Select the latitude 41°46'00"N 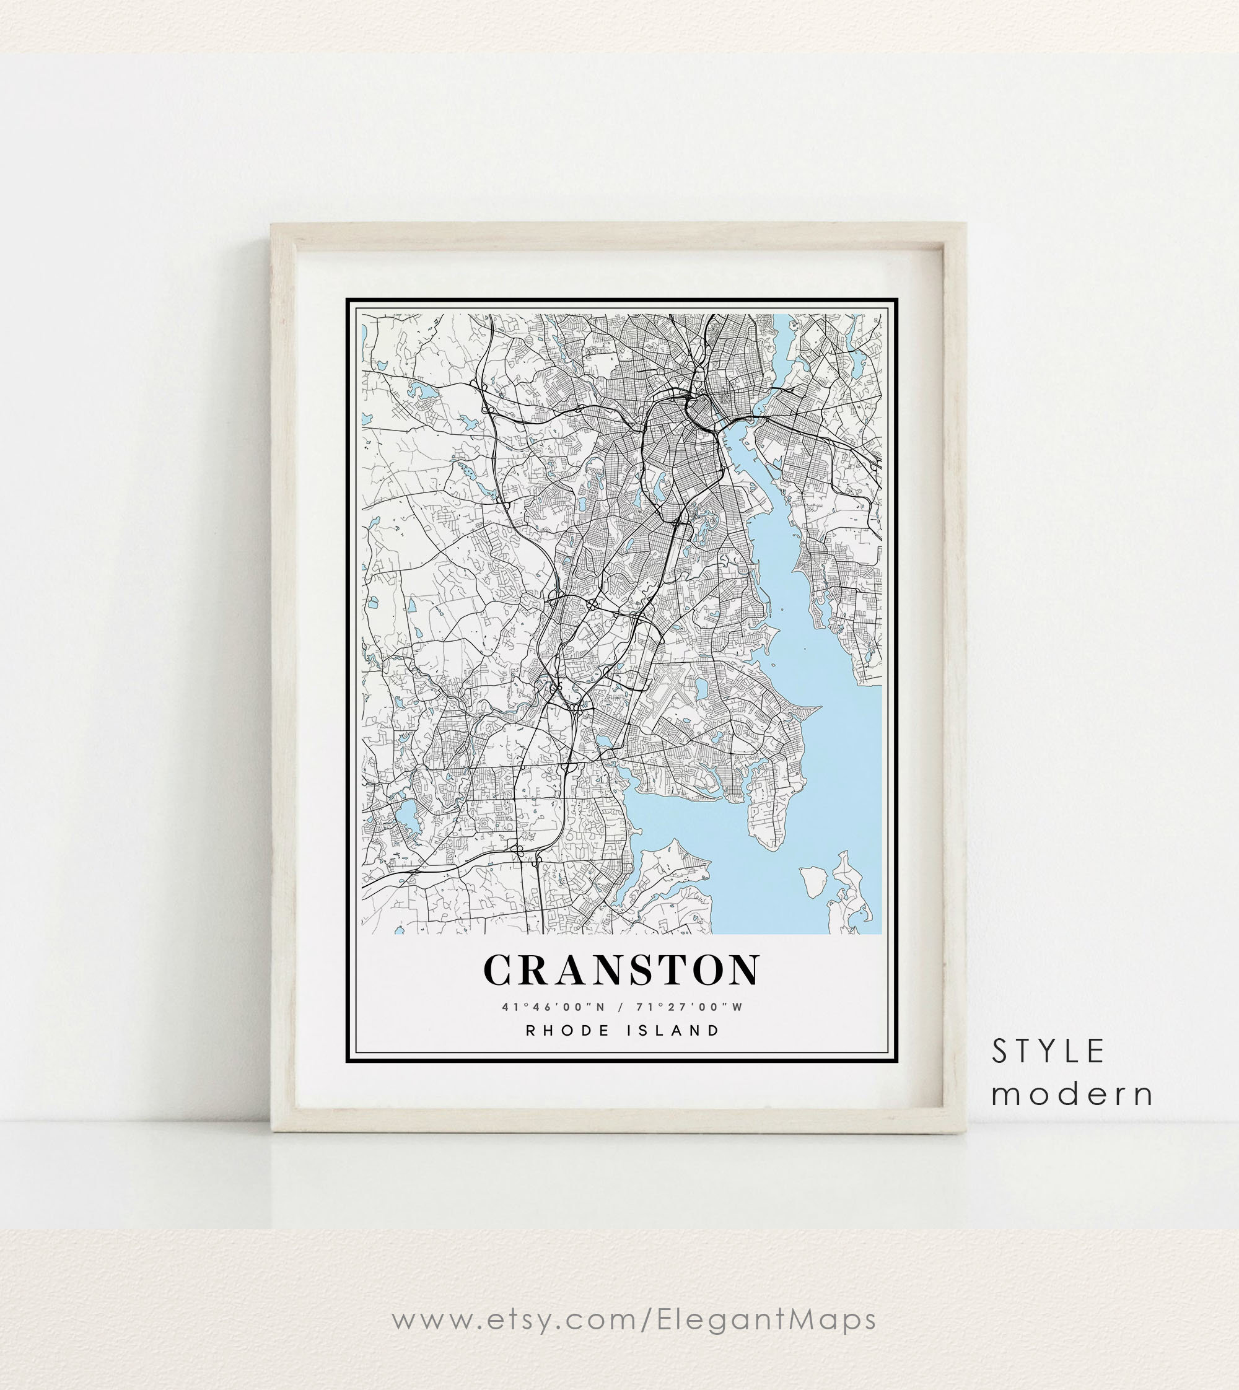(x=553, y=1007)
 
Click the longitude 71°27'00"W (x=690, y=1007)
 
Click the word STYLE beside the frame (x=1048, y=1052)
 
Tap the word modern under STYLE (x=1072, y=1094)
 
